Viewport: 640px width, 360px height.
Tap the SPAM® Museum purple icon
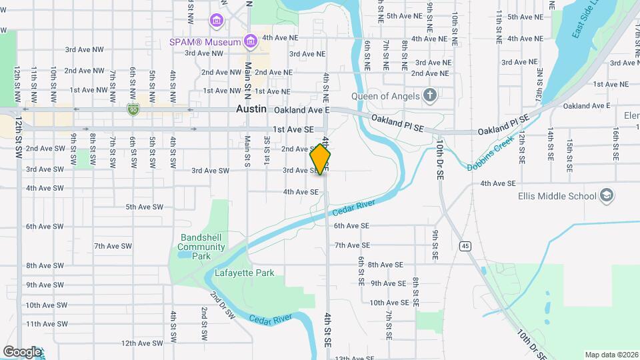click(251, 42)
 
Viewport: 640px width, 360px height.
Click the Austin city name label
click(251, 109)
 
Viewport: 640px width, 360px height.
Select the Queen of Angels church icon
click(430, 95)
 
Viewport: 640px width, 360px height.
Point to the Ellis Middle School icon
click(607, 195)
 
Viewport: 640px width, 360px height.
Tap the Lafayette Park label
click(245, 273)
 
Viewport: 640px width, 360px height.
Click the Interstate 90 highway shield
click(133, 109)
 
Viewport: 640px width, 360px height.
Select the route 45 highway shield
click(465, 247)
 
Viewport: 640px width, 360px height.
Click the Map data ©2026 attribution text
click(611, 355)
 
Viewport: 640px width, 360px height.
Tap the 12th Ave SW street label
click(142, 343)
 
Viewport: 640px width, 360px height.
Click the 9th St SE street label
click(434, 244)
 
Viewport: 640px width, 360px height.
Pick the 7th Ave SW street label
click(113, 246)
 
